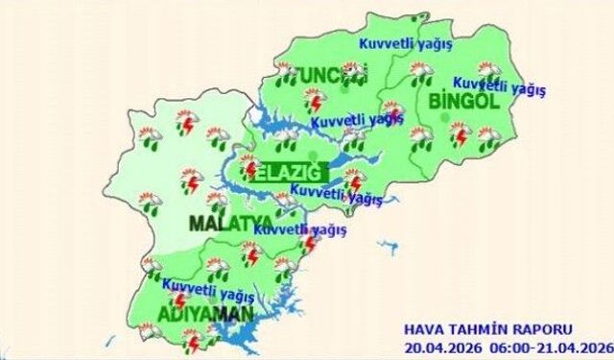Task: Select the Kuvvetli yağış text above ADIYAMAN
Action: pyautogui.click(x=201, y=285)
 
